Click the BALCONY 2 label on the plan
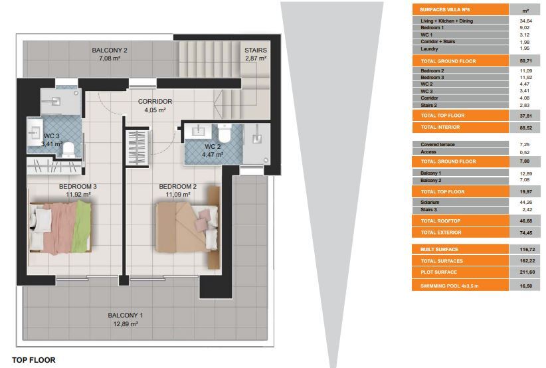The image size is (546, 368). [110, 50]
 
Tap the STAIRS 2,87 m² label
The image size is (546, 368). [256, 54]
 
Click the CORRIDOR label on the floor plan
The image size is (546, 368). [155, 102]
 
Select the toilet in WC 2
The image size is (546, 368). [225, 134]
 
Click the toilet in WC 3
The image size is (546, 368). [68, 149]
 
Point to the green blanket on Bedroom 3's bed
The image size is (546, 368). [82, 227]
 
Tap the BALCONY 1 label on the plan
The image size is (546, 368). [126, 315]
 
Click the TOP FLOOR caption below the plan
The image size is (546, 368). [34, 360]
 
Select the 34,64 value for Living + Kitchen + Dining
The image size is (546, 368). [526, 21]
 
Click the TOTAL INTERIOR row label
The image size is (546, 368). [440, 127]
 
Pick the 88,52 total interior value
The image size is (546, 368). [526, 128]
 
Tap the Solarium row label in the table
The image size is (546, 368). [430, 203]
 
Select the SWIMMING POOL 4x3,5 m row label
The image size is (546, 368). [449, 286]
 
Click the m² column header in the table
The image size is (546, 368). [526, 11]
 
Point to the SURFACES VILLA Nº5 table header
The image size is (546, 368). [445, 10]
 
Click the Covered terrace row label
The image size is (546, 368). [437, 145]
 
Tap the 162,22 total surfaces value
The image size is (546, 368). [527, 261]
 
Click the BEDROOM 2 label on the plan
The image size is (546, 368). [177, 186]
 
